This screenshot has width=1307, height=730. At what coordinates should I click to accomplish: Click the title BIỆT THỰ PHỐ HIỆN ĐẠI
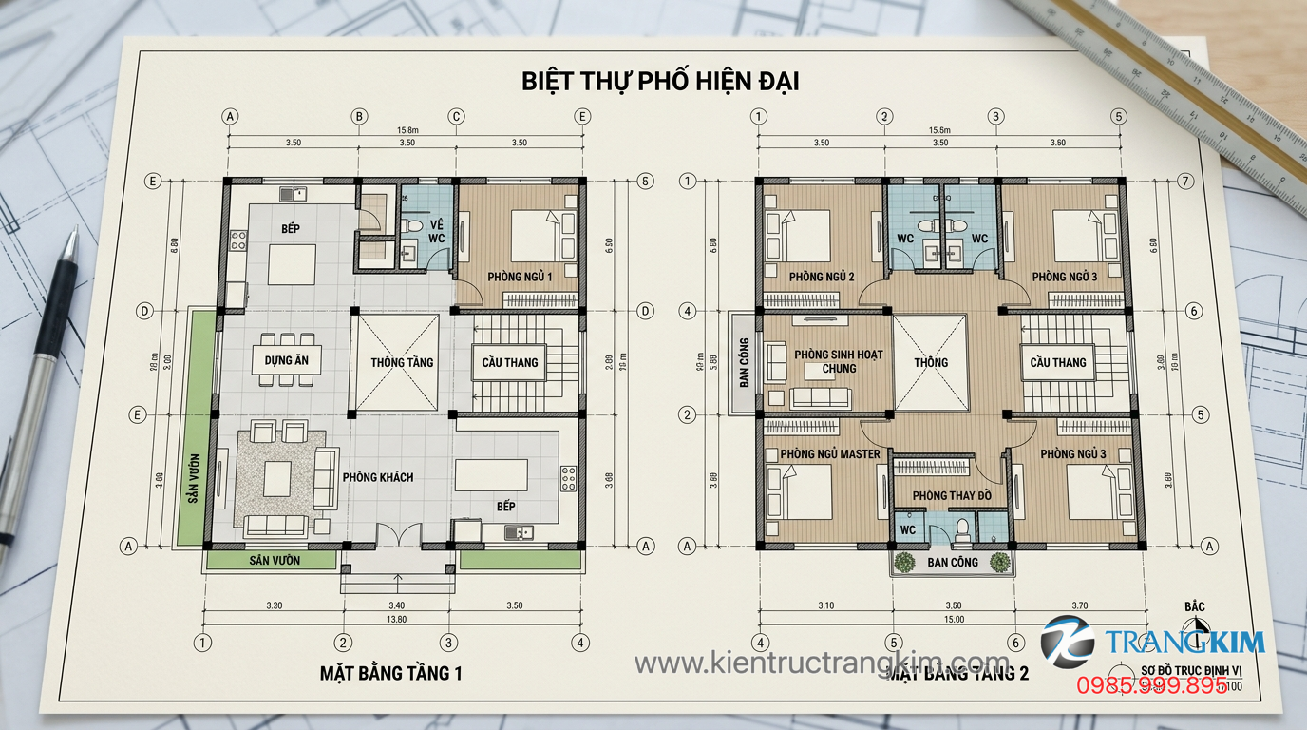(x=660, y=81)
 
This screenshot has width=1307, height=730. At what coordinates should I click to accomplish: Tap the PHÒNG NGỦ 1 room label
(x=519, y=277)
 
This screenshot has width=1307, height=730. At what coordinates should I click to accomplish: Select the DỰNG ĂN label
(x=286, y=361)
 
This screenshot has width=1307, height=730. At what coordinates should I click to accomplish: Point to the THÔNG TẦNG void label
(x=402, y=362)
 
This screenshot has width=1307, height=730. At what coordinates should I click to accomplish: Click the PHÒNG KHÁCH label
(x=378, y=477)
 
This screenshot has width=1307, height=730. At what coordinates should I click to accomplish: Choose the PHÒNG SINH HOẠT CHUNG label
(x=839, y=361)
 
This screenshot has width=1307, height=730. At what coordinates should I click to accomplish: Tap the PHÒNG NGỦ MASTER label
(x=829, y=454)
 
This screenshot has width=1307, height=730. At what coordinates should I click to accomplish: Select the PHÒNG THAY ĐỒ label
(x=952, y=496)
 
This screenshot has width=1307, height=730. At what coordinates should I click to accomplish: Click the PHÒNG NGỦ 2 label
(x=822, y=277)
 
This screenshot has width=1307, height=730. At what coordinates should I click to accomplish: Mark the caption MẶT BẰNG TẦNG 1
(x=390, y=674)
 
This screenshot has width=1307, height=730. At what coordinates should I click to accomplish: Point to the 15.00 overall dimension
(x=954, y=620)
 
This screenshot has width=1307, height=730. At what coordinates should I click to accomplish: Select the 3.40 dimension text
(x=397, y=605)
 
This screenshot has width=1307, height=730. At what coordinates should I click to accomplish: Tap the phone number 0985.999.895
(x=1150, y=684)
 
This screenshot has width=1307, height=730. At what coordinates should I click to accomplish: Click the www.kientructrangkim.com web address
(x=822, y=662)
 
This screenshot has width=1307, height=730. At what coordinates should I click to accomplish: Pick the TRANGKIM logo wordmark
(x=1184, y=643)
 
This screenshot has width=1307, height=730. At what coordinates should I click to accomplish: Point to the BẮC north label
(x=1195, y=605)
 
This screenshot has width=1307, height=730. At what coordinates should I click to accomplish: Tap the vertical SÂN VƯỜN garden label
(x=193, y=480)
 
